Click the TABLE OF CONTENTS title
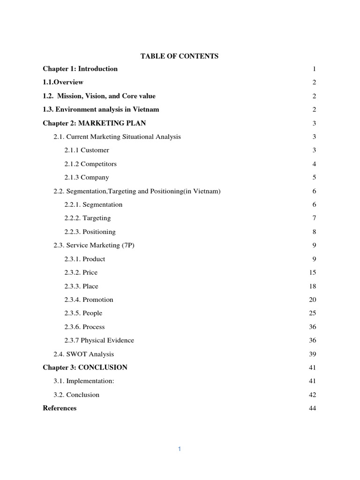(180, 56)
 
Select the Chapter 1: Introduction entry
(80, 69)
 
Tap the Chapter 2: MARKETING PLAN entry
(94, 123)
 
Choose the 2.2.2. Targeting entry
(88, 218)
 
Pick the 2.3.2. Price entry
(81, 273)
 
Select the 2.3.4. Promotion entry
(89, 300)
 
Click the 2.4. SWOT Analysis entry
(83, 354)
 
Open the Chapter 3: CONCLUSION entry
(85, 367)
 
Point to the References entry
(60, 408)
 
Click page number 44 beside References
(313, 409)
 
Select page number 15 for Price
(313, 273)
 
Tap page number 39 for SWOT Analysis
(313, 354)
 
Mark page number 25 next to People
(313, 314)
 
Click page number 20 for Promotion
(313, 300)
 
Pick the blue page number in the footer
(180, 449)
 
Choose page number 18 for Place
(313, 286)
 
